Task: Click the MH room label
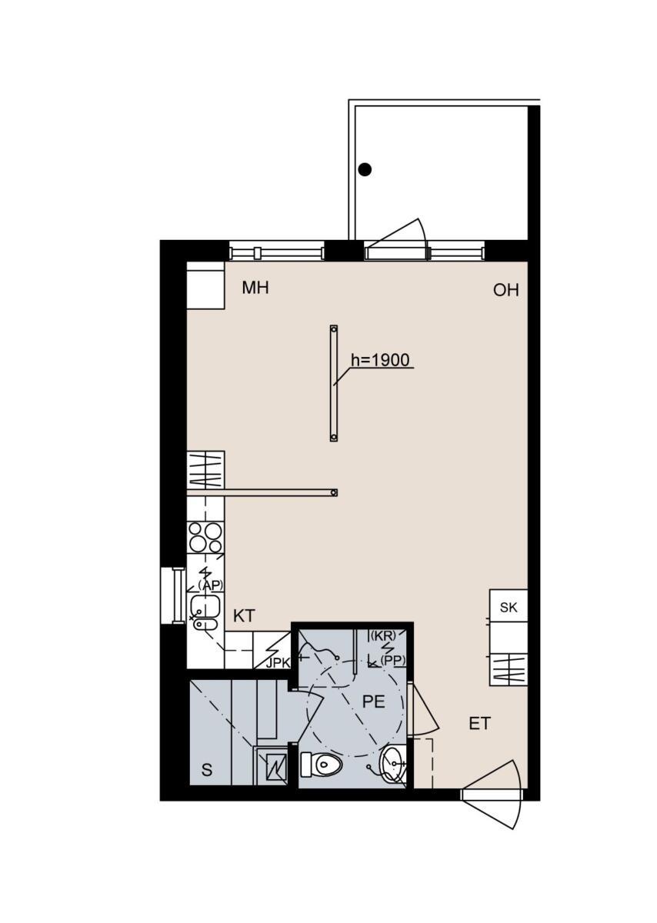(255, 288)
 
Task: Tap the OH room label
(505, 291)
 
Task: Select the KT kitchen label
(244, 616)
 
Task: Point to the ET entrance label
(480, 724)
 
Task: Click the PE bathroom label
(373, 701)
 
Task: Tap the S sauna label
(207, 770)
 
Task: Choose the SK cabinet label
(509, 608)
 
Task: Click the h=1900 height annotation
(380, 360)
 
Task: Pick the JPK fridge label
(278, 663)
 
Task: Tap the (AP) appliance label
(210, 585)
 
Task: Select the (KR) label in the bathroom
(382, 636)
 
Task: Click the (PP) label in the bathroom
(393, 661)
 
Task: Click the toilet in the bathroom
(322, 765)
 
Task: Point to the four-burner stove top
(205, 538)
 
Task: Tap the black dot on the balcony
(365, 169)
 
